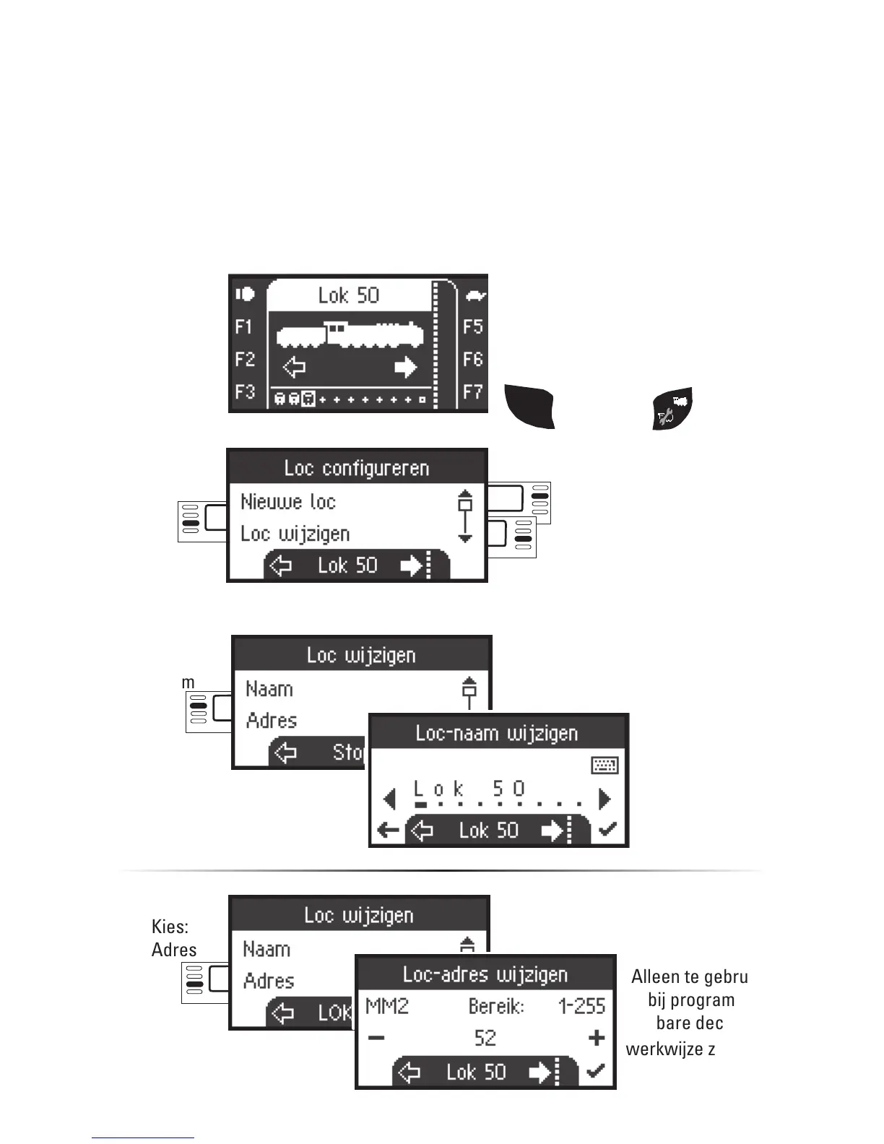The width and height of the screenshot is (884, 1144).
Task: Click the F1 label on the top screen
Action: (x=243, y=327)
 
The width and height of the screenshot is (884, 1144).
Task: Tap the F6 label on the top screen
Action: (x=472, y=359)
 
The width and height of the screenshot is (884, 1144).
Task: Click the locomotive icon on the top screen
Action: (x=350, y=335)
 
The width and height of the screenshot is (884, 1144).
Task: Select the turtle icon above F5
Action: (x=475, y=295)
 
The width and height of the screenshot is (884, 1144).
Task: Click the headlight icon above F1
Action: (x=245, y=294)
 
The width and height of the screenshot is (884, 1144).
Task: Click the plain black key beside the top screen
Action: (x=529, y=407)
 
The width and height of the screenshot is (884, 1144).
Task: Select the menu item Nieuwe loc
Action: (x=287, y=501)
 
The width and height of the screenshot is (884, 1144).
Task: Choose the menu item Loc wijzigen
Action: (x=295, y=534)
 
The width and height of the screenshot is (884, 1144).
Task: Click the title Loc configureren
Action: (x=357, y=468)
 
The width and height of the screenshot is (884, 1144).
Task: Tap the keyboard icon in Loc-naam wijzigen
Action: (x=604, y=766)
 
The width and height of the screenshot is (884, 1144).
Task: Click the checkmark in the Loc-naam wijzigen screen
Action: (x=608, y=830)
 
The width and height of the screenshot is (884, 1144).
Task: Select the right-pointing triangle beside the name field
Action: (x=605, y=799)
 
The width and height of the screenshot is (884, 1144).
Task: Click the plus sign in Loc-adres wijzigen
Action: (x=597, y=1038)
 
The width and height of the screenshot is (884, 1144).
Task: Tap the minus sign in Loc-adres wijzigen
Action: (x=376, y=1038)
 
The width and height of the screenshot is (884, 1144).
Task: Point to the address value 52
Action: (x=485, y=1038)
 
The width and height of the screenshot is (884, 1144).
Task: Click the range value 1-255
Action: (x=581, y=1006)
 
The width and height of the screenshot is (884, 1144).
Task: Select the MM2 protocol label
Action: (x=387, y=1006)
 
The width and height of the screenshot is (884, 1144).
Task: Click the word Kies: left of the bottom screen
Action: (x=170, y=927)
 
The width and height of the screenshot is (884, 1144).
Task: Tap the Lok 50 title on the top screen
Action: (x=349, y=295)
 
